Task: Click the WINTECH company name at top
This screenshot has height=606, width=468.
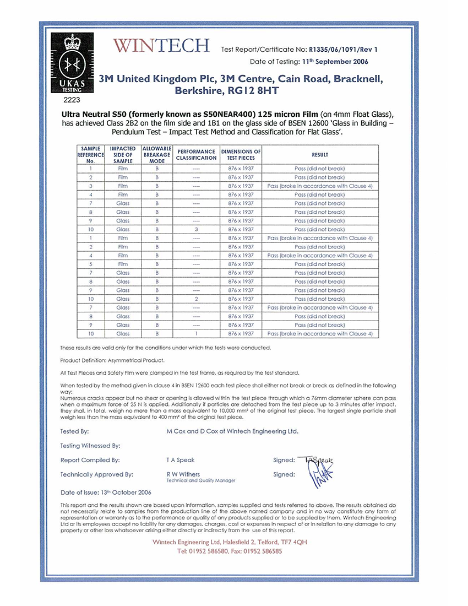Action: [161, 46]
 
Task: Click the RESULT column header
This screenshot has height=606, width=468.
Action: [320, 154]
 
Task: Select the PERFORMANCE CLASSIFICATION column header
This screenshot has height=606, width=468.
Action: [196, 154]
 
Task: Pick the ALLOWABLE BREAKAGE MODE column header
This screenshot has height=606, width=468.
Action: [157, 154]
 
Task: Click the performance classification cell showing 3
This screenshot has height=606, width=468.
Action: [196, 229]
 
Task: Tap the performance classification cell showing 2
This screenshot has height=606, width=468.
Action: [196, 299]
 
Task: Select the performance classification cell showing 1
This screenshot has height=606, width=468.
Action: [196, 334]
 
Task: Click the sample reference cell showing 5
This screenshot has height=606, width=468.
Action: [90, 264]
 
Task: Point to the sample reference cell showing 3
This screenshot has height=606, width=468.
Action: [90, 186]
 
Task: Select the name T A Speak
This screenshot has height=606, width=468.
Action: [180, 460]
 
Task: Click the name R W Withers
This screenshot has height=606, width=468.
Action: [183, 474]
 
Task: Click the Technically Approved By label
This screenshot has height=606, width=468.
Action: [97, 474]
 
